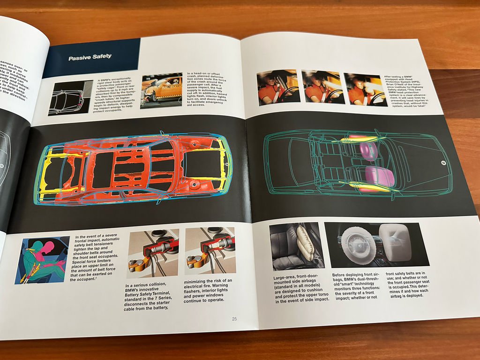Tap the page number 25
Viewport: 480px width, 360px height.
(234, 319)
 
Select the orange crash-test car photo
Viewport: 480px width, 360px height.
(161, 90)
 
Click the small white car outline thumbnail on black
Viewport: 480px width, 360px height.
(70, 98)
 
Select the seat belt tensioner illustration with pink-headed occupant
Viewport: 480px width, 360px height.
(42, 260)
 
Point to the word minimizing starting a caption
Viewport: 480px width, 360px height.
(202, 281)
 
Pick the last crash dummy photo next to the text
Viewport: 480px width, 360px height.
(364, 89)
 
